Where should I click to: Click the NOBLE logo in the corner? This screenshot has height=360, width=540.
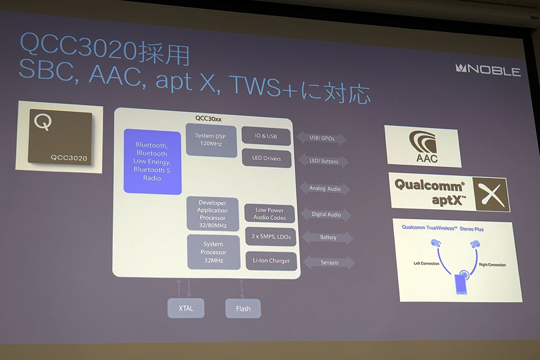488,70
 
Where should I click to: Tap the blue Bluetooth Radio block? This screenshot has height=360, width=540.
153,162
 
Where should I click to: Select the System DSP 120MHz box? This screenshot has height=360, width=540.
211,140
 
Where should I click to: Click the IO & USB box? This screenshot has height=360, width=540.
266,136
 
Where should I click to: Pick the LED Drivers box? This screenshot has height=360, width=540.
266,158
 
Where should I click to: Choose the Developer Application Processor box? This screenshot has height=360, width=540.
212,214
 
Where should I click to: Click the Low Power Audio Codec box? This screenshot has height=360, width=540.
270,214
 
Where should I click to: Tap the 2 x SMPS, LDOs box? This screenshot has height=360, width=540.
271,237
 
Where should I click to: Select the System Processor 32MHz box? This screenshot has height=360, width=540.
214,252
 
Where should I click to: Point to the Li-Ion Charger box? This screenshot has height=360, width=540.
271,261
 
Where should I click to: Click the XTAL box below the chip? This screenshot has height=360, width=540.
186,308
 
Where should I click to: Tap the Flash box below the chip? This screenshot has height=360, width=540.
243,309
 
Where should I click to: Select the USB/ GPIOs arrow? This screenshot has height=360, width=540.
321,138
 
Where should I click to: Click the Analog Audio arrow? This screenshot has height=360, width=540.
325,188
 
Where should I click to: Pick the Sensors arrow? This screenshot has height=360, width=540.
329,262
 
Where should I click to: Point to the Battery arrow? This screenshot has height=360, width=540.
328,238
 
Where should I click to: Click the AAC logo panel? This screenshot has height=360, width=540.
423,146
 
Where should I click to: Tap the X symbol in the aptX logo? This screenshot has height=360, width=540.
491,194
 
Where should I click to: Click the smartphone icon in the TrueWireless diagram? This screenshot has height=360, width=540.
461,284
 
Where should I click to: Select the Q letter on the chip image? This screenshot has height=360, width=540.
43,122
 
